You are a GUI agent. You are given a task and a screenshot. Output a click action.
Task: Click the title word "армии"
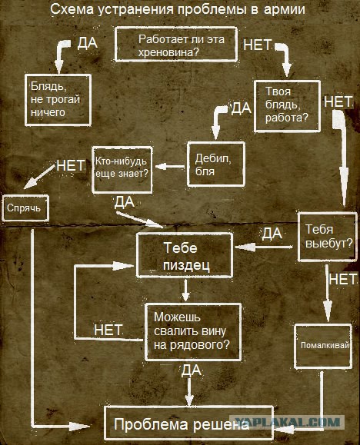pyautogui.click(x=284, y=9)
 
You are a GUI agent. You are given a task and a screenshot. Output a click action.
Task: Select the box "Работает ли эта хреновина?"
pyautogui.click(x=176, y=45)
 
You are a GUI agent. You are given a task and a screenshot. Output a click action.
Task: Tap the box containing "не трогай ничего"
pyautogui.click(x=58, y=100)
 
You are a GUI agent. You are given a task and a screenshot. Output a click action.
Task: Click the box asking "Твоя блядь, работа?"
pyautogui.click(x=287, y=106)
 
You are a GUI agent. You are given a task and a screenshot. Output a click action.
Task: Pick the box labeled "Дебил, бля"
pyautogui.click(x=216, y=164)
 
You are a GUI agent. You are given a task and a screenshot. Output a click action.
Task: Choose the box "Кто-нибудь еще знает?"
pyautogui.click(x=122, y=169)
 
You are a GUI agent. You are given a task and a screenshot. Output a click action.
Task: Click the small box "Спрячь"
pyautogui.click(x=25, y=208)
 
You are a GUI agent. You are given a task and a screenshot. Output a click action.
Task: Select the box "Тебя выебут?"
pyautogui.click(x=328, y=237)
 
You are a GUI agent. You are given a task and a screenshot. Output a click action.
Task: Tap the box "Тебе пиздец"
pyautogui.click(x=185, y=255)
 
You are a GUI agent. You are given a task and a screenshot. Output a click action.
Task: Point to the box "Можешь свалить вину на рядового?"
pyautogui.click(x=193, y=332)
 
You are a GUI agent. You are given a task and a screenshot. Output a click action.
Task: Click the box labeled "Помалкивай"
pyautogui.click(x=323, y=346)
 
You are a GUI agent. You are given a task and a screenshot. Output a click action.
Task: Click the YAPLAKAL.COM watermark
pyautogui.click(x=287, y=422)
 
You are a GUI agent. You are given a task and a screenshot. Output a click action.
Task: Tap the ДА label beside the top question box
pyautogui.click(x=87, y=43)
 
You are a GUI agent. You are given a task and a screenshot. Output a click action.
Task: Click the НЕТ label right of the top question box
pyautogui.click(x=257, y=45)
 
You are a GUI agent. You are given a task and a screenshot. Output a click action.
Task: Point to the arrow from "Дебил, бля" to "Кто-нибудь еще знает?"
pyautogui.click(x=170, y=167)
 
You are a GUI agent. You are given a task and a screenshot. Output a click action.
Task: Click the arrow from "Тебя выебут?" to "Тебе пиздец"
pyautogui.click(x=264, y=247)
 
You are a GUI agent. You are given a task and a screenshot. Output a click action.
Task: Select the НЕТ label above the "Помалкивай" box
pyautogui.click(x=342, y=279)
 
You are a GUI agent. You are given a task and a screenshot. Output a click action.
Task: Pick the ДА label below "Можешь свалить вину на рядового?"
pyautogui.click(x=192, y=370)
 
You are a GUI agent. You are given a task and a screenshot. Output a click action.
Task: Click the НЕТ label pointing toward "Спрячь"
pyautogui.click(x=71, y=165)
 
